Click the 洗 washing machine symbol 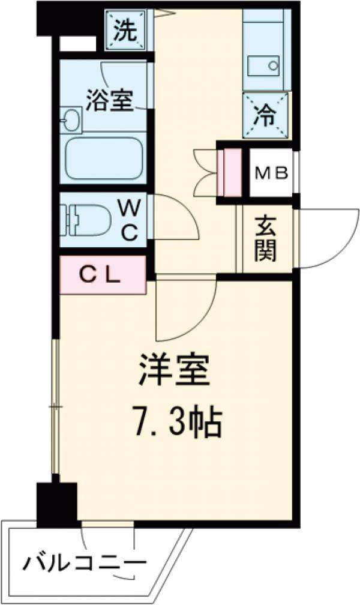click(126, 31)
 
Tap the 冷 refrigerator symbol click(264, 113)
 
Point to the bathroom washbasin click(71, 118)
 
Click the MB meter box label click(271, 173)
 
